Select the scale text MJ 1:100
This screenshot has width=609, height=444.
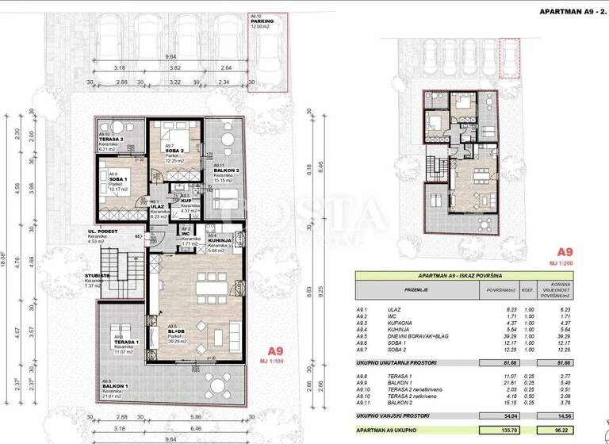274,361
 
